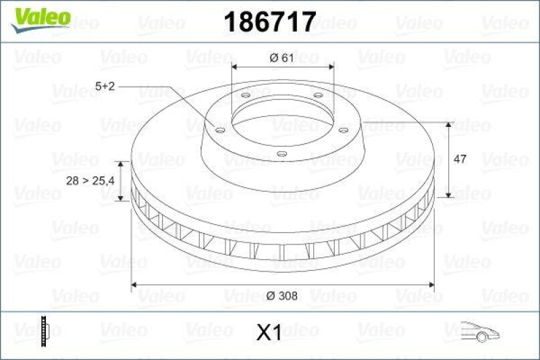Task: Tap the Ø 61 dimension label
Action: click(x=281, y=57)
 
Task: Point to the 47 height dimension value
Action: click(x=460, y=160)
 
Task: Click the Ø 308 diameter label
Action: click(x=281, y=294)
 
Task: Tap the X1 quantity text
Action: click(x=269, y=332)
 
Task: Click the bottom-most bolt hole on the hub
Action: click(x=282, y=155)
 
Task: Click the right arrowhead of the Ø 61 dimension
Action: click(x=330, y=67)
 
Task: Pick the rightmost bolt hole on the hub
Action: click(x=343, y=130)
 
